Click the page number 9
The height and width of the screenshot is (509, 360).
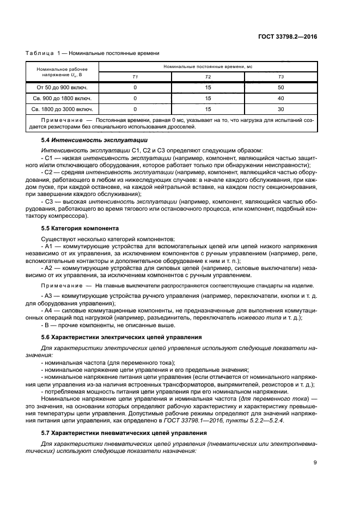click(315, 463)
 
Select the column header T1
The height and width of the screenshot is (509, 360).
click(135, 77)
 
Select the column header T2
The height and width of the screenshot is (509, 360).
click(208, 77)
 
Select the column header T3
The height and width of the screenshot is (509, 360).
click(281, 77)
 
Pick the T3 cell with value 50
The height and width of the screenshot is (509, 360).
click(281, 87)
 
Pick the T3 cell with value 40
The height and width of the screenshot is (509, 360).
click(281, 98)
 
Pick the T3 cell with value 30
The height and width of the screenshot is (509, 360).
click(281, 109)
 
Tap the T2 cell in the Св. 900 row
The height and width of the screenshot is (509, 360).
click(208, 98)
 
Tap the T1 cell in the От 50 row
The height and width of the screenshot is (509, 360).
click(135, 87)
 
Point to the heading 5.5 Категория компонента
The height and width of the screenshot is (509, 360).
click(76, 229)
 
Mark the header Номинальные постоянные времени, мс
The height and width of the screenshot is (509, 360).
click(208, 66)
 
